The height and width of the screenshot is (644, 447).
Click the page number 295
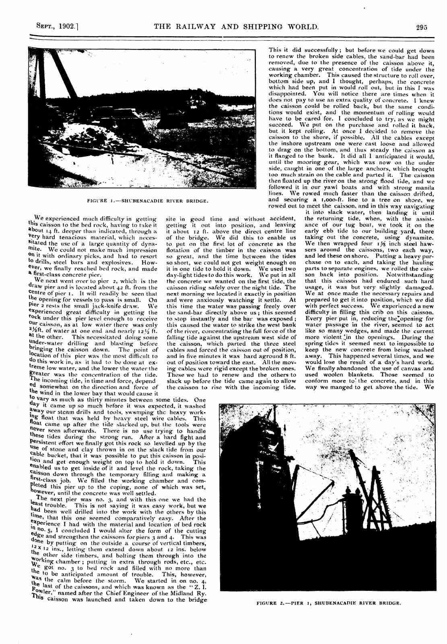421,27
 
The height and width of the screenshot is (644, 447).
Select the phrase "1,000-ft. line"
334,200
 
